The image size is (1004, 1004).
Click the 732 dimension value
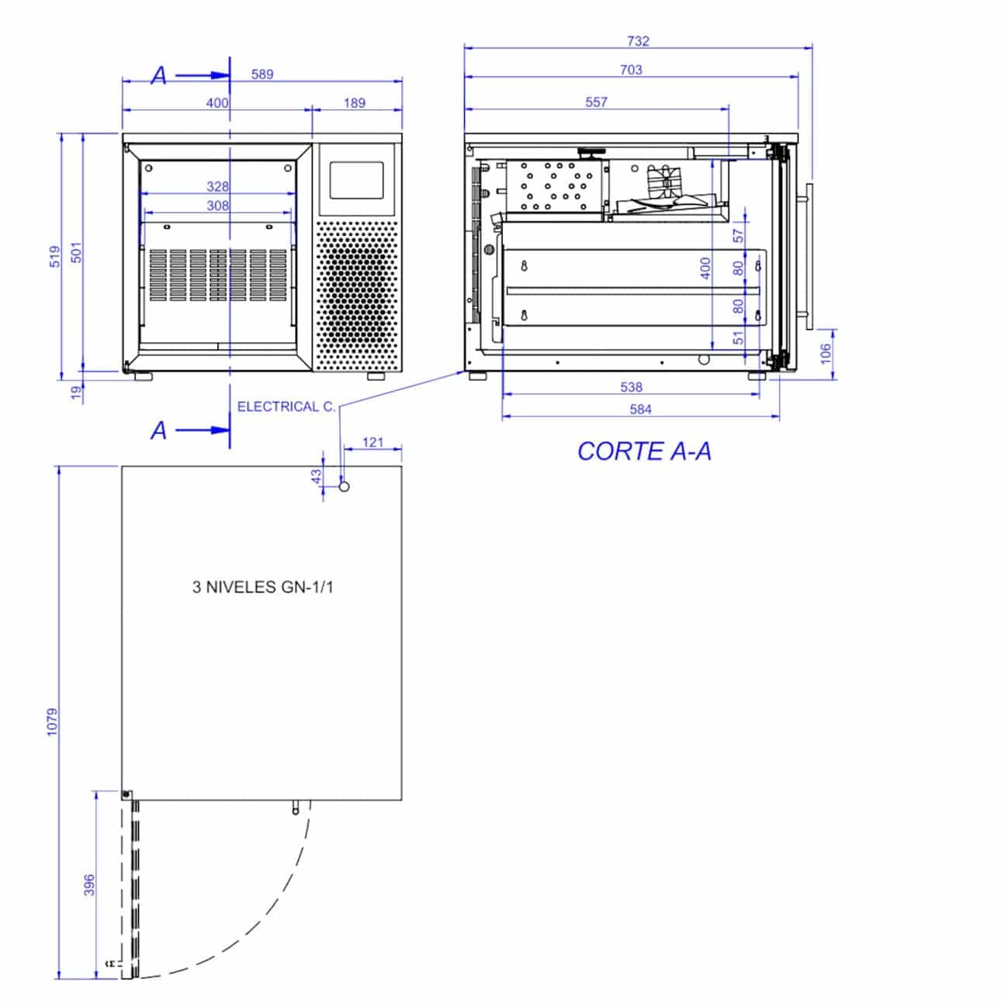[x=639, y=40]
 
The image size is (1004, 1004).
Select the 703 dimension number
[x=631, y=70]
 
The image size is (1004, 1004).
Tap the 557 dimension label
[x=596, y=102]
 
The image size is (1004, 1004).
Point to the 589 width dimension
[x=262, y=74]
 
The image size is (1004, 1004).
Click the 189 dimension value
[x=355, y=103]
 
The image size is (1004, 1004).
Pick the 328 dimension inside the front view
[x=217, y=186]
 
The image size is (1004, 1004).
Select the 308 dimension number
[x=217, y=206]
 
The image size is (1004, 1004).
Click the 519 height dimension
[x=55, y=257]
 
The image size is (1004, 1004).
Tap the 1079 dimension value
[x=53, y=722]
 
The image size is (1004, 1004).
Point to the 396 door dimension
[x=89, y=885]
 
